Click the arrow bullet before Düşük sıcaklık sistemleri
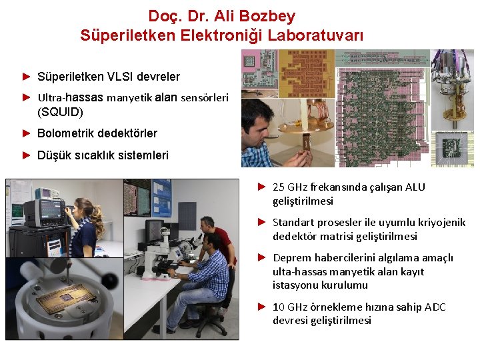(27, 155)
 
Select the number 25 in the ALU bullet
(279, 187)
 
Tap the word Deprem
(291, 258)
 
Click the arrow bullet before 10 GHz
(262, 307)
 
